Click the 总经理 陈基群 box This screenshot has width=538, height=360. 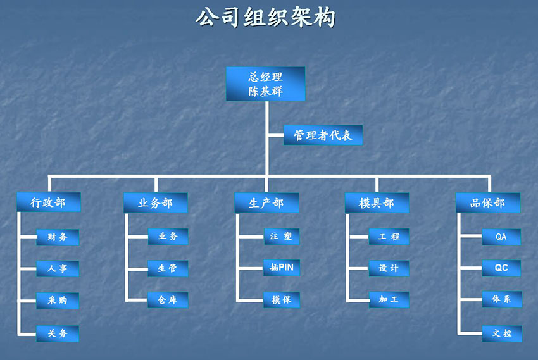coord(266,84)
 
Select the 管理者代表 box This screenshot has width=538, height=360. coord(323,135)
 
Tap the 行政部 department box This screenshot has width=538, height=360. coord(48,202)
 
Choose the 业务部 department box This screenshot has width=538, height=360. coord(155,202)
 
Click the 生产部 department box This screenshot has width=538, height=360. coord(266,202)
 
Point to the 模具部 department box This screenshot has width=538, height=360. coord(377,202)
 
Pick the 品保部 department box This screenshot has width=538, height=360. coord(488,202)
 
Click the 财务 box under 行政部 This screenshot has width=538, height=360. coord(58,237)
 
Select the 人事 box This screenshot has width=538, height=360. coord(58,268)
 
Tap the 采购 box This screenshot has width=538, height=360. coord(58,301)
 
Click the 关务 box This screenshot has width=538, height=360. coord(58,333)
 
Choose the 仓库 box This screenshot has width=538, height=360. coord(168,300)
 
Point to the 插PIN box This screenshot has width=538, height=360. coord(281,268)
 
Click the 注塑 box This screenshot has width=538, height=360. coord(281,237)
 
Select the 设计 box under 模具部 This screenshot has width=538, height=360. coord(389,268)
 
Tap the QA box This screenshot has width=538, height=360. coord(501,237)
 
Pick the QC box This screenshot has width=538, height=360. coord(501,268)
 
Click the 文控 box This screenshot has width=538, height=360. coord(501,333)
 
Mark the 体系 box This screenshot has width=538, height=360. coord(501,299)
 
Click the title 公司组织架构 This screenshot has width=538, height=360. coord(265,18)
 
